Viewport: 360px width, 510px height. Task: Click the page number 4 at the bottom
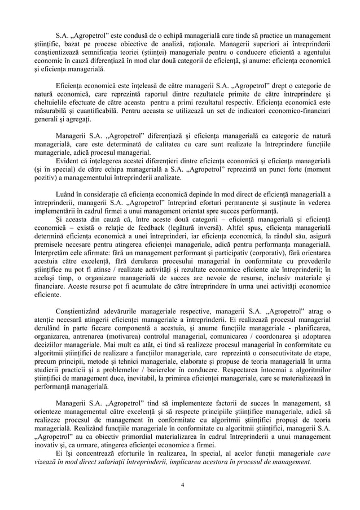tap(180, 485)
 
